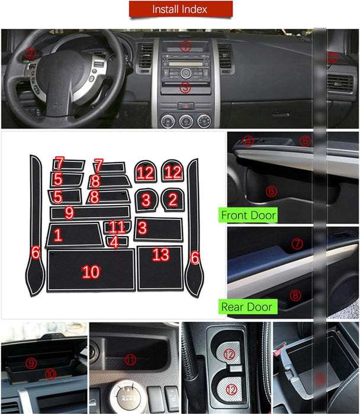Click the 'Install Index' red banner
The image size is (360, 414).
[x=180, y=9]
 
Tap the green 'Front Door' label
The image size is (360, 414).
[x=248, y=215]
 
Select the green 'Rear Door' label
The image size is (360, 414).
[x=247, y=306]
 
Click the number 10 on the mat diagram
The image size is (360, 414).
[x=91, y=271]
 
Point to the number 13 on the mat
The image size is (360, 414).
[x=160, y=255]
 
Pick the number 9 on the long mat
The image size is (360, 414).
[x=69, y=212]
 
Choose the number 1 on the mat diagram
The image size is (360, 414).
[x=57, y=235]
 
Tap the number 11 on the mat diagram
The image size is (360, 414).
[x=117, y=227]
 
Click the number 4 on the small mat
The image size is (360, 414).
[x=114, y=241]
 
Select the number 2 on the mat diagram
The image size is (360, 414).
[x=173, y=200]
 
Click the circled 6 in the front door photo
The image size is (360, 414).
[x=271, y=190]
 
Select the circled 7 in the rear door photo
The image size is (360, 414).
[x=297, y=243]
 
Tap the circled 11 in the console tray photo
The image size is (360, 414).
[x=130, y=359]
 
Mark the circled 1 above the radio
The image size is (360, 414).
[x=185, y=46]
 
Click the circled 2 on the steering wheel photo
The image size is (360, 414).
[x=30, y=53]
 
